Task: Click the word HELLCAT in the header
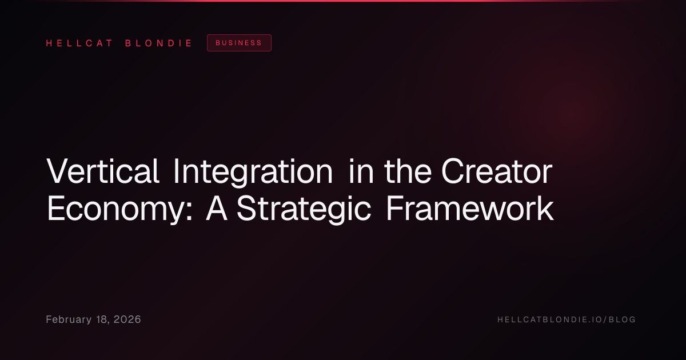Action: coord(79,43)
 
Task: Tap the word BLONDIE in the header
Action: coord(158,43)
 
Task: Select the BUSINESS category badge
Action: coord(239,43)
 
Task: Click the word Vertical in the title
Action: coord(103,171)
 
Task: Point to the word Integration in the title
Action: coord(253,173)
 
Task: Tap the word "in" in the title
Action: coord(361,171)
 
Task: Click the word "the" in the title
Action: coord(408,171)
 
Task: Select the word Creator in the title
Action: coord(497,171)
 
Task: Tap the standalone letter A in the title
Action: coord(217,208)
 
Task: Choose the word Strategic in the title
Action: coord(304,210)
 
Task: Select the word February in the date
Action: coord(69,319)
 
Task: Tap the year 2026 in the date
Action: coord(127,319)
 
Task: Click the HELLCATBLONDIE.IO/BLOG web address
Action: coord(567,319)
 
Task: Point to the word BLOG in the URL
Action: coord(622,319)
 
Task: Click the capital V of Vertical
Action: coord(58,171)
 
